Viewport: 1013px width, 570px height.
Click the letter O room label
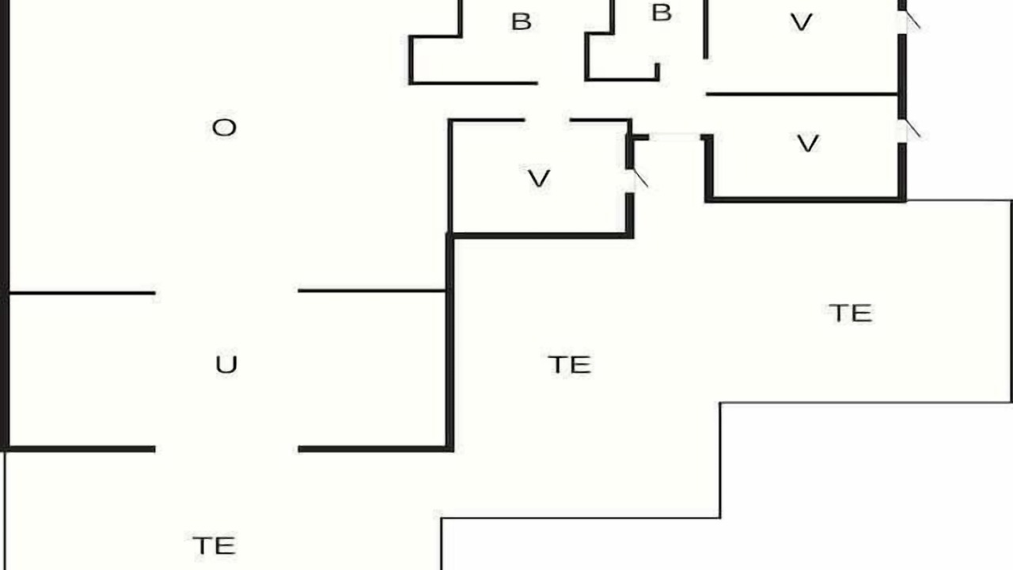click(224, 127)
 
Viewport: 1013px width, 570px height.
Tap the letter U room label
click(226, 365)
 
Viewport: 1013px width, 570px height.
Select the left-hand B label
click(521, 21)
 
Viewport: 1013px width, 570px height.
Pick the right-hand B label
click(662, 13)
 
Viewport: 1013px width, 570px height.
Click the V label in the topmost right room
click(802, 22)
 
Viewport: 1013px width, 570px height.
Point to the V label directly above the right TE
click(808, 143)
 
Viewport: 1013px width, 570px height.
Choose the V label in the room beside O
click(539, 178)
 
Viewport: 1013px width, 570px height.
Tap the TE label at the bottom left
click(214, 545)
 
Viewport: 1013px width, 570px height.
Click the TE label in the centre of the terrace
click(569, 365)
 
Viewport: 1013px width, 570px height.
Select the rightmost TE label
click(850, 313)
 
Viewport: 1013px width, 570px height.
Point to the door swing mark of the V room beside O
click(641, 178)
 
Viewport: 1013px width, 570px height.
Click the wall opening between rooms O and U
click(226, 292)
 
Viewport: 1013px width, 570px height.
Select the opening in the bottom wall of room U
click(226, 449)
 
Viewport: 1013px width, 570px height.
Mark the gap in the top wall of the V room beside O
click(547, 120)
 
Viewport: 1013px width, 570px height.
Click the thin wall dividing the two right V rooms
click(802, 94)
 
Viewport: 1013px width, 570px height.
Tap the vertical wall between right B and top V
click(705, 29)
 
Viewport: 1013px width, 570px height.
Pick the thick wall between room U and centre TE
click(450, 343)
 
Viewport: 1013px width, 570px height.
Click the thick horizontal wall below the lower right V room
click(806, 199)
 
